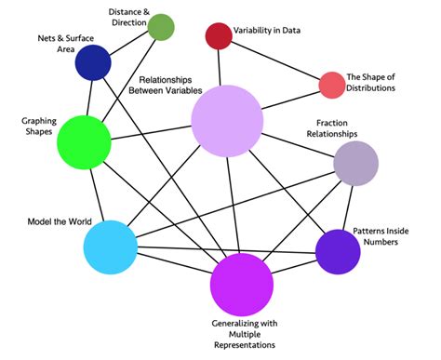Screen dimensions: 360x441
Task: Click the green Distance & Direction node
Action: (161, 27)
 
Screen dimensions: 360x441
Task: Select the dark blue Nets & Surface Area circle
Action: (93, 63)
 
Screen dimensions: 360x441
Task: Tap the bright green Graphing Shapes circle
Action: (85, 142)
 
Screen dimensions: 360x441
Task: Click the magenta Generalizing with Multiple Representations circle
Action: (241, 285)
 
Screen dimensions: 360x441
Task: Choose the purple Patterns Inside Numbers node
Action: (338, 251)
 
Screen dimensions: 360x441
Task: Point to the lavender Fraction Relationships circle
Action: (355, 165)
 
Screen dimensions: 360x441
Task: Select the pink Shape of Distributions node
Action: (332, 85)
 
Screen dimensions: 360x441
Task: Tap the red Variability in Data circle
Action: (218, 35)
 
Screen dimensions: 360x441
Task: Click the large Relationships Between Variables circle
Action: (227, 120)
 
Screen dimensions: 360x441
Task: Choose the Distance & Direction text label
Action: (110, 16)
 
